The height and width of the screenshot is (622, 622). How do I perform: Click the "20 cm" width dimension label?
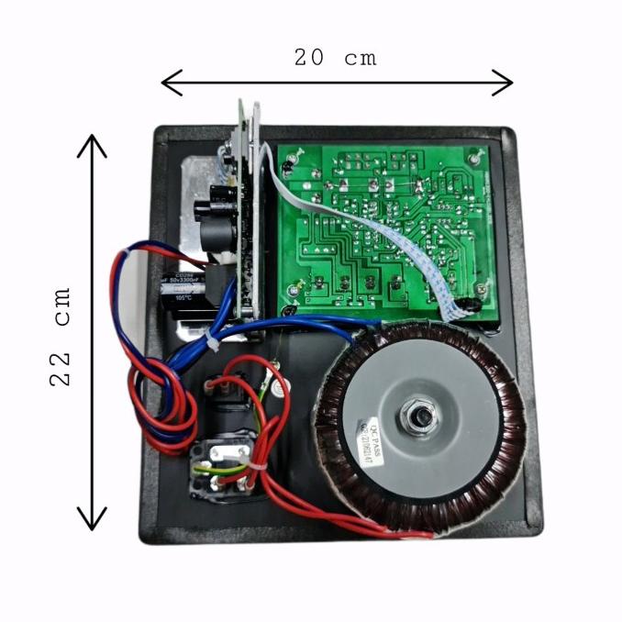tap(335, 57)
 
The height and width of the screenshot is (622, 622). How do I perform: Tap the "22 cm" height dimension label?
tap(61, 335)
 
